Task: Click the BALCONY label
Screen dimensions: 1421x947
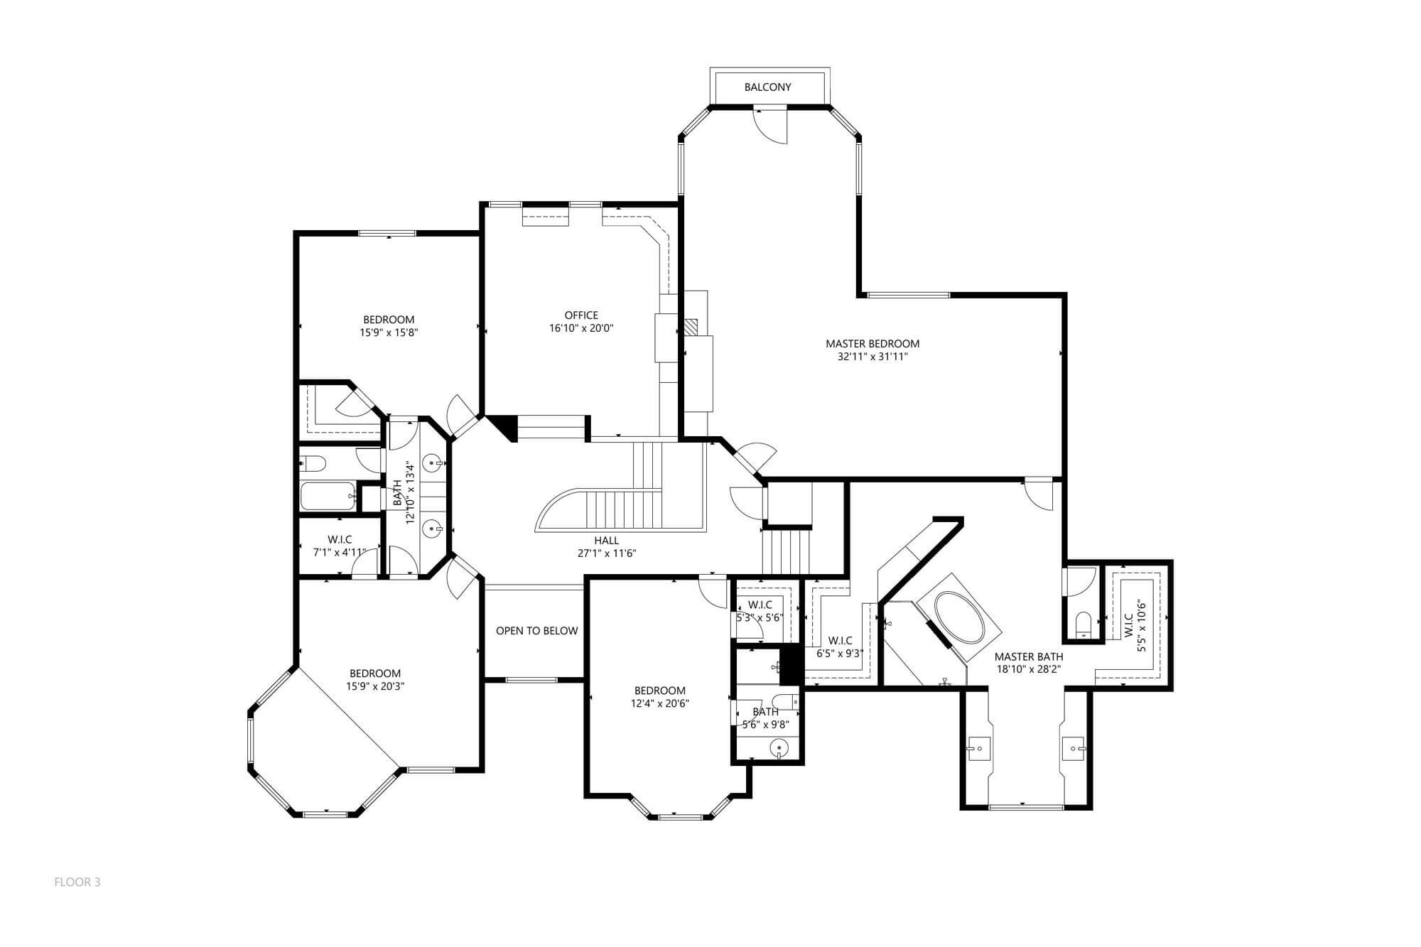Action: coord(767,87)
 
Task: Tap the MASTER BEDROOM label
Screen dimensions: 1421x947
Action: coord(872,344)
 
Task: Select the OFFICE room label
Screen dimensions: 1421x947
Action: coord(581,315)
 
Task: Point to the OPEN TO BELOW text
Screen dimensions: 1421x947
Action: coord(536,631)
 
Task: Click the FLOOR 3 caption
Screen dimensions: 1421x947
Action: coord(77,882)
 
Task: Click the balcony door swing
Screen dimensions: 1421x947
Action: coord(771,125)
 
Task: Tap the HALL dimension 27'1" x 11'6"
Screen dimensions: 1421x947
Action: coord(606,553)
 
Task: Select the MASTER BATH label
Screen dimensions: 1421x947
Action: coord(1029,657)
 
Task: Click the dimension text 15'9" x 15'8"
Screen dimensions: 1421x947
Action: coord(389,332)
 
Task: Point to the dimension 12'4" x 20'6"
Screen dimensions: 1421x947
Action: coord(660,703)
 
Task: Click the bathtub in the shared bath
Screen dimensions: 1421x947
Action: coord(328,496)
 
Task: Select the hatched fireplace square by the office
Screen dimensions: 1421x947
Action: coord(691,327)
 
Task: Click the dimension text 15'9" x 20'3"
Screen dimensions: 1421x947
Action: coord(375,686)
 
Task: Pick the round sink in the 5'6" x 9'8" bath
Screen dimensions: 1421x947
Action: coord(780,747)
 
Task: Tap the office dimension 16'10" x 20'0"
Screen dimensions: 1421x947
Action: coord(581,328)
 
